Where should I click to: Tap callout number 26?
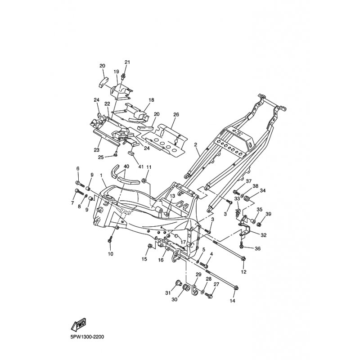(x=176, y=114)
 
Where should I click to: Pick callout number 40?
(x=126, y=166)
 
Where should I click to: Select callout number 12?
(x=243, y=272)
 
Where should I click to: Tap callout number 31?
(x=167, y=293)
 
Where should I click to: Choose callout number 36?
(x=257, y=248)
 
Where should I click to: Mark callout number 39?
(x=268, y=214)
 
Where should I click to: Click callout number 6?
(x=77, y=168)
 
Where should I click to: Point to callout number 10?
(x=110, y=254)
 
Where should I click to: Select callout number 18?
(x=151, y=100)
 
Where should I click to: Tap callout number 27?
(x=216, y=284)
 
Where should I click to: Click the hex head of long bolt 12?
(x=243, y=259)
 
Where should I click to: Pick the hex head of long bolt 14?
(x=237, y=288)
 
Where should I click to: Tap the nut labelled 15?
(x=149, y=246)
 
